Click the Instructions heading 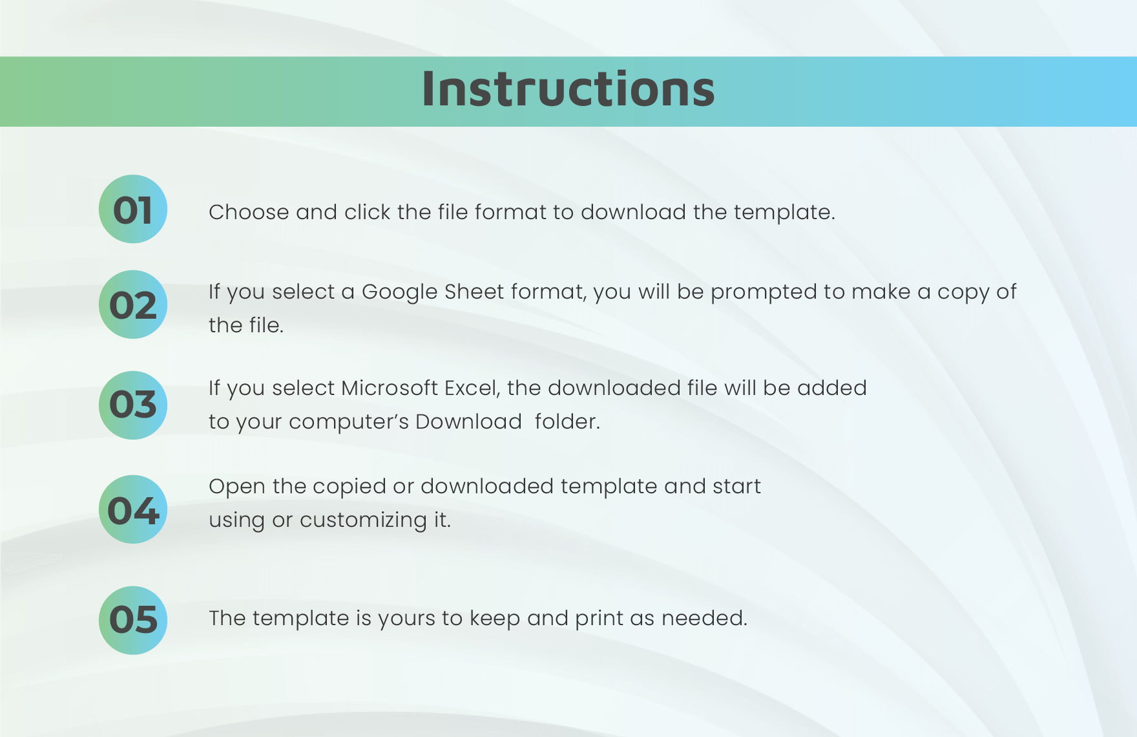[568, 89]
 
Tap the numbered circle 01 [133, 209]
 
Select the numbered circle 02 [133, 304]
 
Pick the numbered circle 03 [133, 405]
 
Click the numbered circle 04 [133, 509]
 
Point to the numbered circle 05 [133, 620]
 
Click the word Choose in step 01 [249, 212]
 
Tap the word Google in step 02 [399, 292]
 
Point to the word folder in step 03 [567, 422]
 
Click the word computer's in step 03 [348, 422]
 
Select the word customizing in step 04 [363, 520]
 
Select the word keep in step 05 [494, 619]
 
